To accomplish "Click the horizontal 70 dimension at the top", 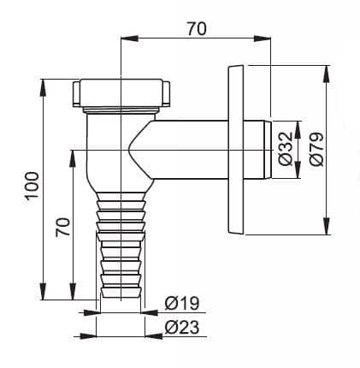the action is tap(197, 29).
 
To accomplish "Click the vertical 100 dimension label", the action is tap(32, 186).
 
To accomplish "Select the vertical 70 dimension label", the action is tap(63, 227).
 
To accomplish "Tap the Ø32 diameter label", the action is tap(286, 148).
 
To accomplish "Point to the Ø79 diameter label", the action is tap(316, 149).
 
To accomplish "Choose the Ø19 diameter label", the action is tap(182, 303).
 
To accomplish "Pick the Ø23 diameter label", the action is tap(182, 327).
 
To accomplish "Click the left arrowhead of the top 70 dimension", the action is tap(130, 39).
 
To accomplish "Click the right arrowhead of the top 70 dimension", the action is tap(262, 39).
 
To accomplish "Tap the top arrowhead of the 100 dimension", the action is tap(43, 87).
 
